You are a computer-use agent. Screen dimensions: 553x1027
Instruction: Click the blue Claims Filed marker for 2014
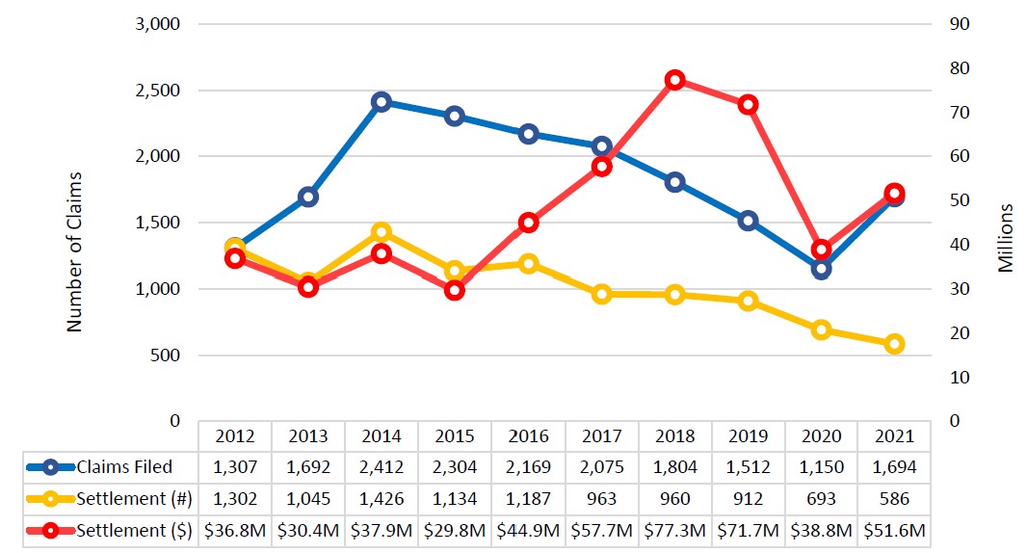coord(381,102)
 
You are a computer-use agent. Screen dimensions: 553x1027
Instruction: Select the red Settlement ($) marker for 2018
coord(674,80)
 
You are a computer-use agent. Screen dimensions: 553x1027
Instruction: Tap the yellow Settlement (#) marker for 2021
coord(894,344)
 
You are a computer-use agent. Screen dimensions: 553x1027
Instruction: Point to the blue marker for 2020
coord(821,269)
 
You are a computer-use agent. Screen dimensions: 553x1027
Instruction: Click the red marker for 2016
coord(528,223)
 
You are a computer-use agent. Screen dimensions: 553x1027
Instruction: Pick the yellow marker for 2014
coord(381,232)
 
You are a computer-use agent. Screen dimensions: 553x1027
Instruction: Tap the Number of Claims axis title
coord(75,252)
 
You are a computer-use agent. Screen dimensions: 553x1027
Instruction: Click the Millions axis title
coord(1005,238)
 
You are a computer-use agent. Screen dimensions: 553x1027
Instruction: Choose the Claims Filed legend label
coord(124,467)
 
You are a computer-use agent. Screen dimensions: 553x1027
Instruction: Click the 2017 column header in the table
coord(601,435)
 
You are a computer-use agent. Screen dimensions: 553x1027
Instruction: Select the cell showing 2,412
coord(381,467)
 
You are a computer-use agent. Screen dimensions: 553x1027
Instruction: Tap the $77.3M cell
coord(674,532)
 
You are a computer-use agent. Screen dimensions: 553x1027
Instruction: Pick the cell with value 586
coord(894,500)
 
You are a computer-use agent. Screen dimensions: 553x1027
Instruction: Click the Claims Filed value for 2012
coord(234,467)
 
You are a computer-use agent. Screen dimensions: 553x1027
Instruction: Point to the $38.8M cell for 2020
coord(821,532)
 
